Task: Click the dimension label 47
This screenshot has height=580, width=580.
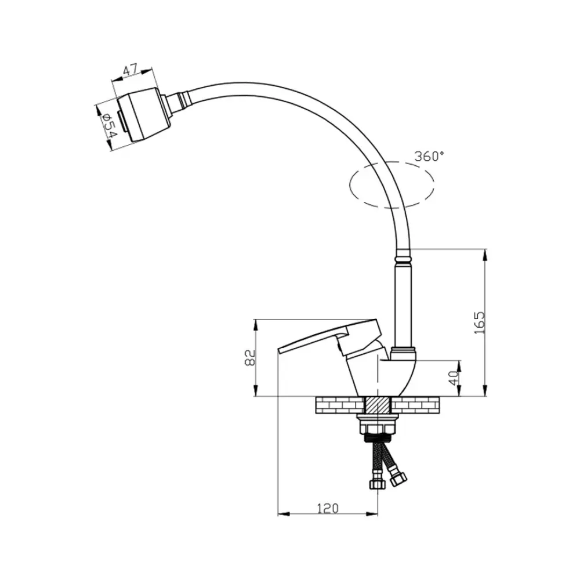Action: [130, 70]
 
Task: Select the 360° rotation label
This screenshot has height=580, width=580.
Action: [429, 156]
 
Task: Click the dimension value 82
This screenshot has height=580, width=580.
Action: [251, 357]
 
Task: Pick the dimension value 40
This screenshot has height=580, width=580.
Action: [454, 378]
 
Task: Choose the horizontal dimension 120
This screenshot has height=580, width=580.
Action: [328, 509]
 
